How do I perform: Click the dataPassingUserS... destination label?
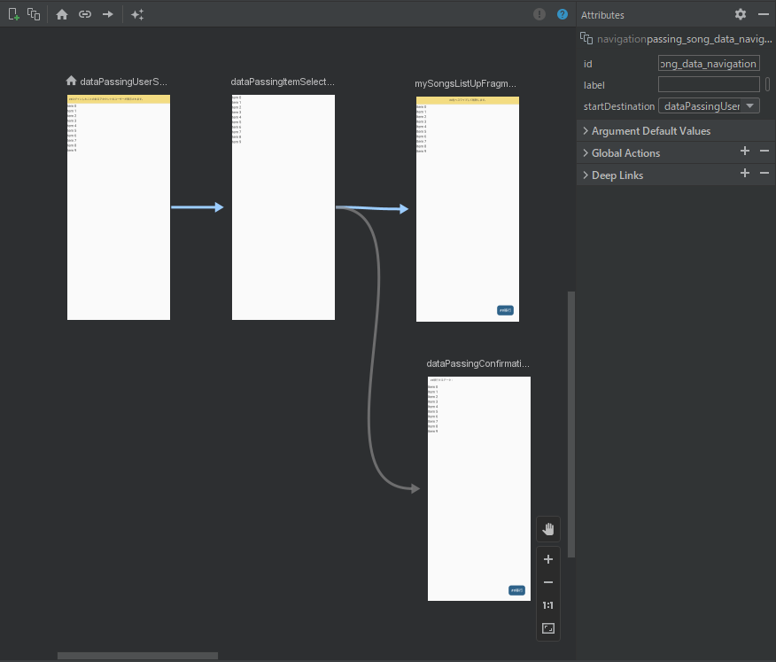[123, 82]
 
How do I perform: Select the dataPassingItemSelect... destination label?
[283, 82]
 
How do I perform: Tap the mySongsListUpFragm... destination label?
[465, 83]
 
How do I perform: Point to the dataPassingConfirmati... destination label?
[478, 363]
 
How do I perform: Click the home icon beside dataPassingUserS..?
[72, 81]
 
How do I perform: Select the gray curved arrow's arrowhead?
[414, 488]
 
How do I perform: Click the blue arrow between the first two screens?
[197, 207]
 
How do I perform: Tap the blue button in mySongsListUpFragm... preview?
[505, 310]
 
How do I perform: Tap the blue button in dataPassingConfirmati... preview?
[516, 590]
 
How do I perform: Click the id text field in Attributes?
[709, 64]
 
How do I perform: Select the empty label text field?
[709, 84]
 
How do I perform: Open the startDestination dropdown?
[709, 106]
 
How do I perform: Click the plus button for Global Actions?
[745, 152]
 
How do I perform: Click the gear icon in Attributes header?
[741, 14]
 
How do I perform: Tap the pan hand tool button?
[548, 529]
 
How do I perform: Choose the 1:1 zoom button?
[548, 605]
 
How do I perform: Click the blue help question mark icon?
[563, 14]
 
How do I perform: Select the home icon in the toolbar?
[62, 14]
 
